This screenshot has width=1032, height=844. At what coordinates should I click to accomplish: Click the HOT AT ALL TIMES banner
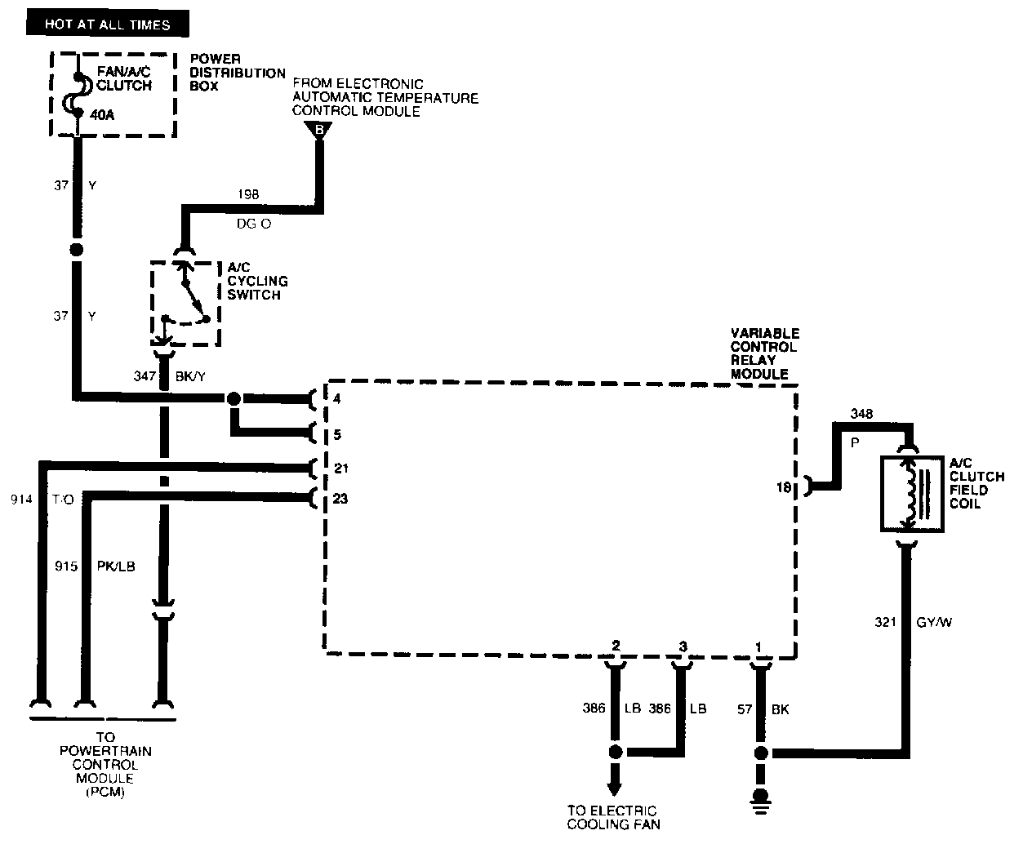(x=108, y=24)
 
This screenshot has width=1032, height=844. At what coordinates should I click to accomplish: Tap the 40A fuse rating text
(x=102, y=115)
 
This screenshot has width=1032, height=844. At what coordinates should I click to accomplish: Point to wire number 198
(x=249, y=195)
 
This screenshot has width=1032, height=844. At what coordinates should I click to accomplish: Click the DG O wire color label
(x=254, y=223)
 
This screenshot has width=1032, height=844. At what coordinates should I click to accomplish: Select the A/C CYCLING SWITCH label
(x=257, y=282)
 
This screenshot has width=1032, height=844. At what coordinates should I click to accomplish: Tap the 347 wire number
(x=145, y=376)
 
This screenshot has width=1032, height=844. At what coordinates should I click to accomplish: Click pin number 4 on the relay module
(x=337, y=399)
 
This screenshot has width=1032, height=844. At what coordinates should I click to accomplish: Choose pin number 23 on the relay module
(x=340, y=498)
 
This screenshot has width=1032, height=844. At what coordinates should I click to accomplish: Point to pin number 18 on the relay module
(x=784, y=487)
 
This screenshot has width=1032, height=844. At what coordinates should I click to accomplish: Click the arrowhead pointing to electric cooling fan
(x=614, y=788)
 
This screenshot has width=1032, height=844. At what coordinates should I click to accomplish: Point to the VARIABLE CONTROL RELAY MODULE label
(x=765, y=353)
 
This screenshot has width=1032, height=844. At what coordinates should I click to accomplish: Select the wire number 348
(x=861, y=414)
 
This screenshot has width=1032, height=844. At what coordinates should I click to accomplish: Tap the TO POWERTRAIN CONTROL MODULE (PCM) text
(x=105, y=765)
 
